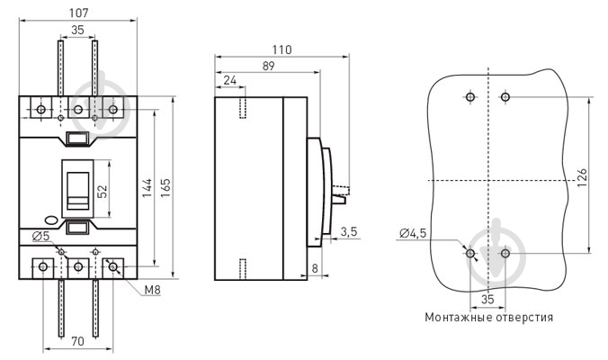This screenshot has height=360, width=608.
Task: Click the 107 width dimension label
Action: [79, 13]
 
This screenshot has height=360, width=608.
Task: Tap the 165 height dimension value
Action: [165, 188]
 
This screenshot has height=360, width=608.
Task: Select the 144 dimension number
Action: [147, 188]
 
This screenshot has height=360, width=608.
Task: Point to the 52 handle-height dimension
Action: [102, 191]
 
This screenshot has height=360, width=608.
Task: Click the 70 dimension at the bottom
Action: [77, 341]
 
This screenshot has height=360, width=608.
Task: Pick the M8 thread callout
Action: [152, 290]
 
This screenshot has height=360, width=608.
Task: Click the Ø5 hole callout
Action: [41, 236]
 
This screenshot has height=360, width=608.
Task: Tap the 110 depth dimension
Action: [282, 49]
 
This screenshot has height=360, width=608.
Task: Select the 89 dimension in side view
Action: [268, 66]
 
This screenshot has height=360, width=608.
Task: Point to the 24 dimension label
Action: [230, 80]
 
